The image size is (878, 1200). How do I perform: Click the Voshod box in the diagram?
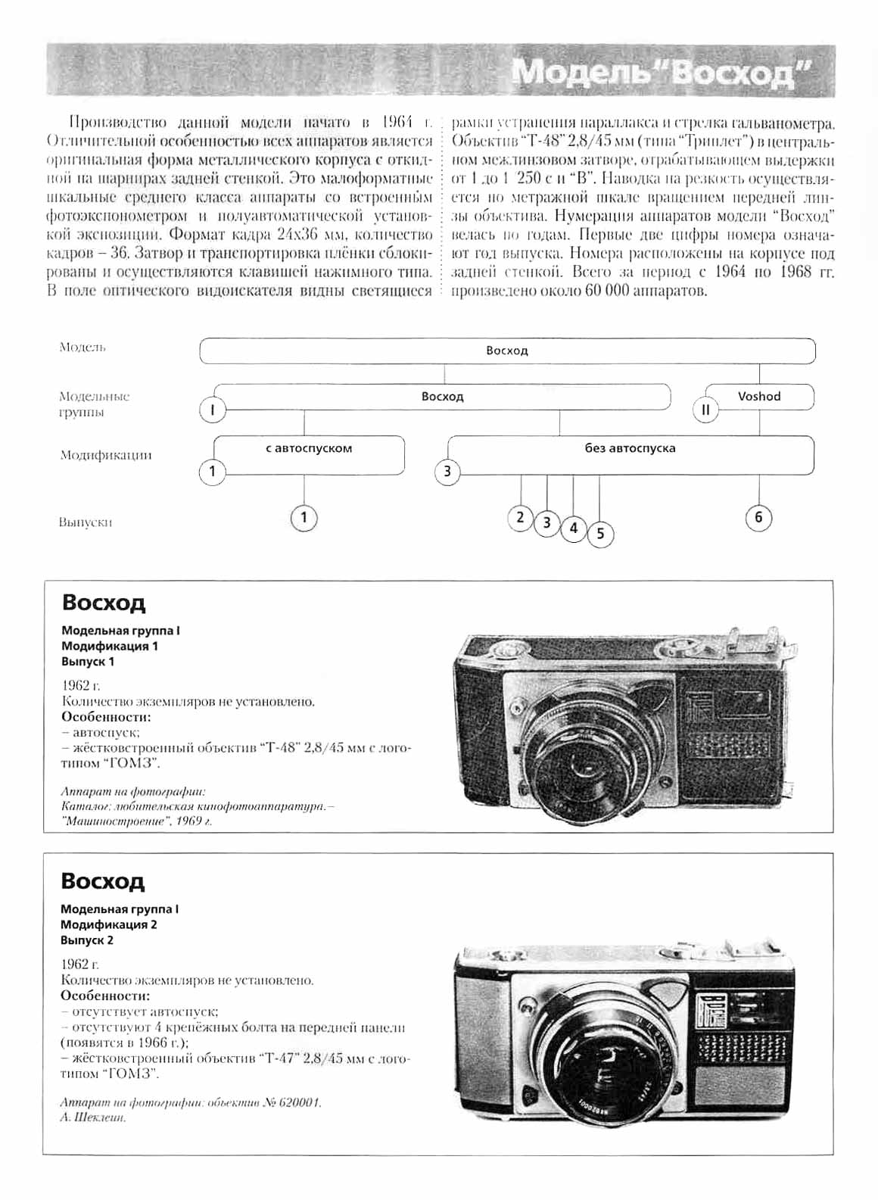759,397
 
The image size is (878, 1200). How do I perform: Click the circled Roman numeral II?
705,410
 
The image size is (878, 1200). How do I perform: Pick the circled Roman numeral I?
213,410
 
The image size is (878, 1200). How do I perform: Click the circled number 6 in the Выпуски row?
758,518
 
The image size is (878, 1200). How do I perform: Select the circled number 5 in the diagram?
600,533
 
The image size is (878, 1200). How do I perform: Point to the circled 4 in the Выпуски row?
574,528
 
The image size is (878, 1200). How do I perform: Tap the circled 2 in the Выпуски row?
520,518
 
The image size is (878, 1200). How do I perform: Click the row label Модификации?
106,455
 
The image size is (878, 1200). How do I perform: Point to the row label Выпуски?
86,522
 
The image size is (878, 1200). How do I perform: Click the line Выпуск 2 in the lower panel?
87,940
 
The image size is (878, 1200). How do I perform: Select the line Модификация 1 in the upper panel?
110,646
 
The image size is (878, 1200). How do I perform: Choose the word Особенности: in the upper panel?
106,717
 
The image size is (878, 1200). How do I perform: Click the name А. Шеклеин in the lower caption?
92,1117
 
